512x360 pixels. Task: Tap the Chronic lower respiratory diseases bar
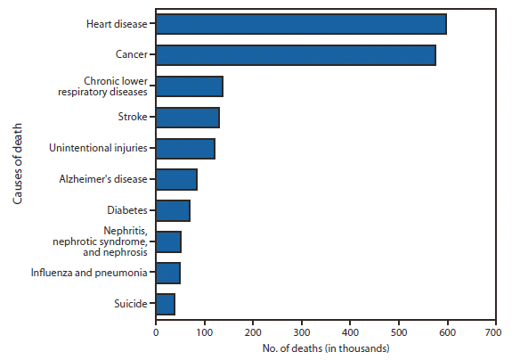189,86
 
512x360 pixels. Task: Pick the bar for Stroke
187,118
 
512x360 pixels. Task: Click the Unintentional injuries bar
185,149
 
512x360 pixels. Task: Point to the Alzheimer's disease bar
176,180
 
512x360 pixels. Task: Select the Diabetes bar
173,211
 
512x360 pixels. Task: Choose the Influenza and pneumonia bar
167,273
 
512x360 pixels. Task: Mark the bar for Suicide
165,304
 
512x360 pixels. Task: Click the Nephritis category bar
168,241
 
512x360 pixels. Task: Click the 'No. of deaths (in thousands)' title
325,348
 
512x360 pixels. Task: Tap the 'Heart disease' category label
117,24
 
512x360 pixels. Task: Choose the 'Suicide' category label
132,304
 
